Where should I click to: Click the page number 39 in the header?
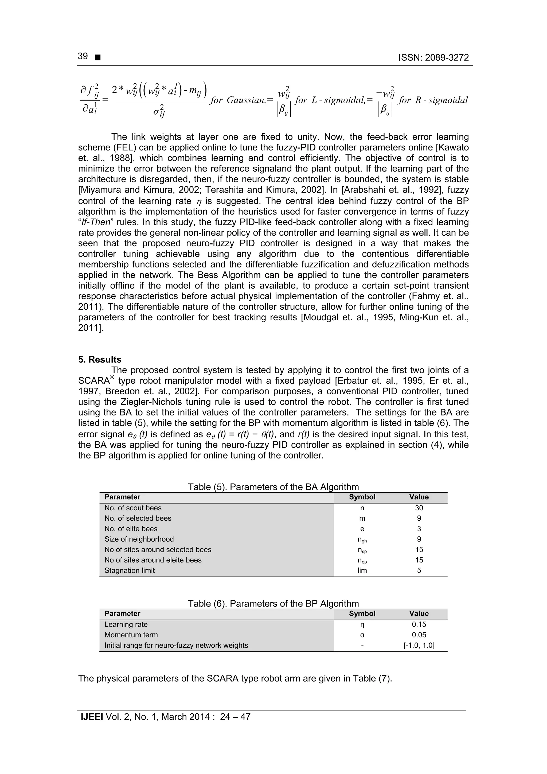click(x=83, y=56)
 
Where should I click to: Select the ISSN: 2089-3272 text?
click(x=433, y=58)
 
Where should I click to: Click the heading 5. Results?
click(x=100, y=359)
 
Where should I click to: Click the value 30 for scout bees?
click(x=419, y=508)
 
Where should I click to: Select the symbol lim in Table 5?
click(x=362, y=570)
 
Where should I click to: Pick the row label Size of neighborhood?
click(x=139, y=539)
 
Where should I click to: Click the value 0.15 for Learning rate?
click(x=419, y=624)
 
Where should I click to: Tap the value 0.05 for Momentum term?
click(x=419, y=635)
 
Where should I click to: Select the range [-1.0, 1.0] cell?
click(x=419, y=645)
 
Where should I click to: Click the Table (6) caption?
click(x=273, y=604)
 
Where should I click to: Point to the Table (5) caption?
click(x=273, y=487)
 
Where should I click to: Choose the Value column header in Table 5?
click(x=419, y=497)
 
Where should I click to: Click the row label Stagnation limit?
click(x=130, y=570)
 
